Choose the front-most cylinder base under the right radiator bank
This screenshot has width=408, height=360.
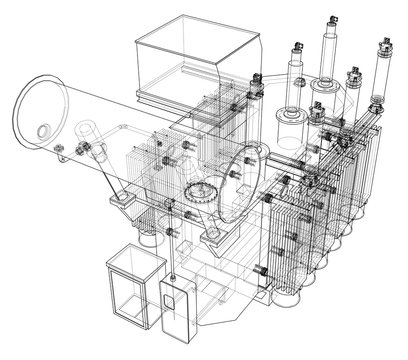[x=289, y=291]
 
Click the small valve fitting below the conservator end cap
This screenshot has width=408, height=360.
[x=62, y=151]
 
